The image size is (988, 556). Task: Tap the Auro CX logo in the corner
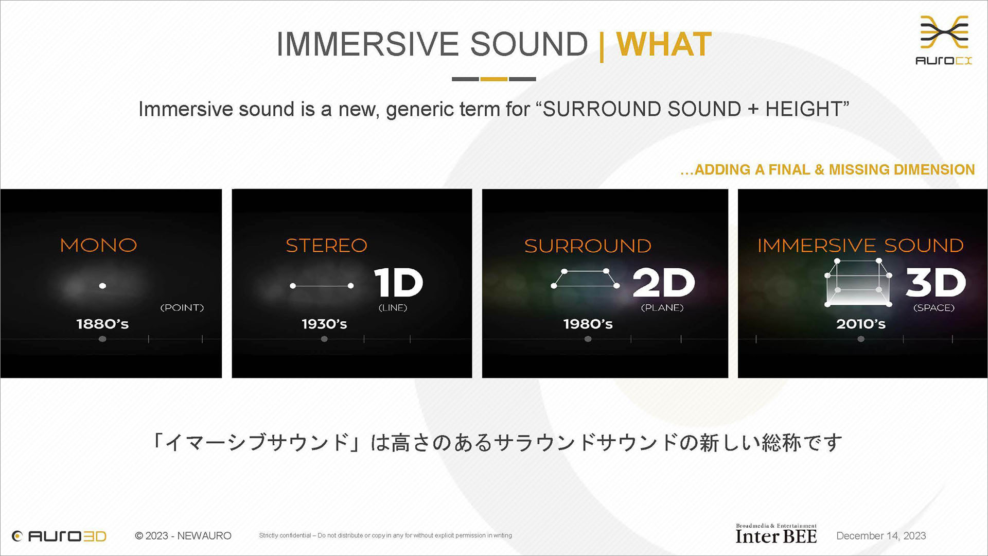tap(944, 40)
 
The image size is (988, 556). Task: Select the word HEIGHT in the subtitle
tap(803, 109)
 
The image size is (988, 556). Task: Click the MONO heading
tap(98, 245)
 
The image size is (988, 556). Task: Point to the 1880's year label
tap(102, 324)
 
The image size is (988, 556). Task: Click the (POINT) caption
tap(182, 308)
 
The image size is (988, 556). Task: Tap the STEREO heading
tap(327, 246)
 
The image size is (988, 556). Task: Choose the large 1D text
tap(398, 283)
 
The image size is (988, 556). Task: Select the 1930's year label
tap(324, 324)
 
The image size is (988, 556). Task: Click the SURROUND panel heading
tap(588, 246)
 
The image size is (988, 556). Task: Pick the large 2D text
tap(663, 283)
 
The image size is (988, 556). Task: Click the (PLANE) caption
tap(662, 308)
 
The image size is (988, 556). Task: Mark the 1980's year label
tap(588, 324)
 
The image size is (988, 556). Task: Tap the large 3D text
tap(936, 283)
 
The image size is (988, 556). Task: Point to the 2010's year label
tap(861, 324)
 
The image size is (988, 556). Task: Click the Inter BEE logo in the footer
tap(776, 534)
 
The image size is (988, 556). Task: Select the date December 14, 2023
tap(881, 536)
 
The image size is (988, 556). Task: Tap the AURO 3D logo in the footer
tap(59, 536)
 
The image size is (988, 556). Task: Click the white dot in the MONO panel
tap(102, 286)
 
